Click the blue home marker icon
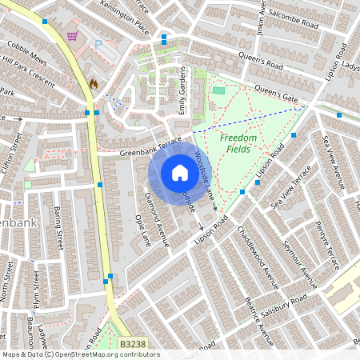(180, 173)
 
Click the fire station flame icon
(94, 82)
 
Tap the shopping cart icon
(73, 36)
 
